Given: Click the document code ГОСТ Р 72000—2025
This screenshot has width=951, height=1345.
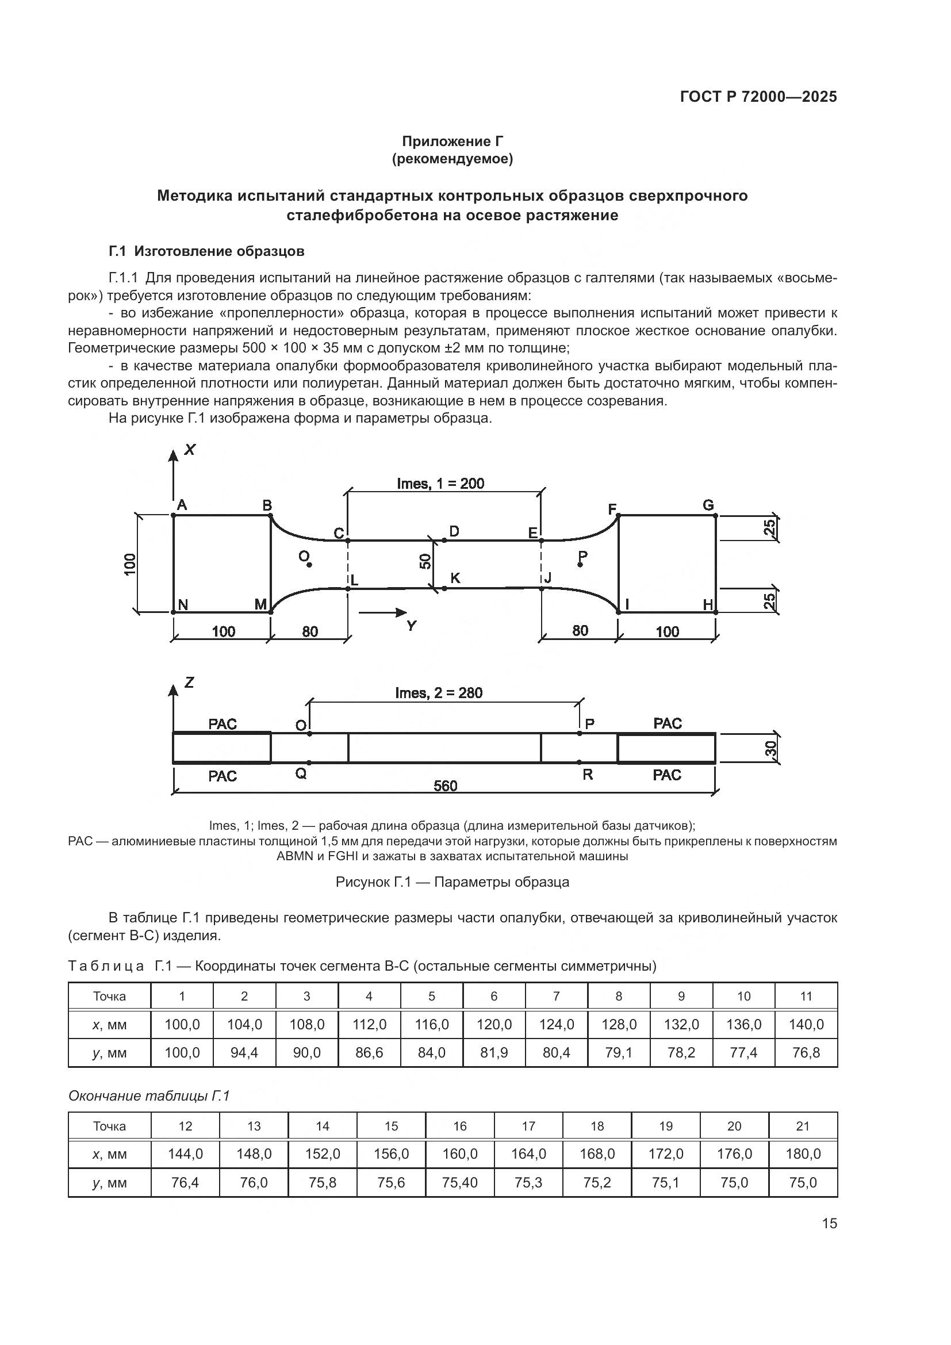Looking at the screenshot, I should coord(758,97).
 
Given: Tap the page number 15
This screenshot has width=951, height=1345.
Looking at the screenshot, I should coord(829,1224).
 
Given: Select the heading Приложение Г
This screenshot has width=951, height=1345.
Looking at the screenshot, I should coord(452,141).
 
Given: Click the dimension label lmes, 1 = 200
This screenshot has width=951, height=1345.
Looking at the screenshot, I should coord(440,483).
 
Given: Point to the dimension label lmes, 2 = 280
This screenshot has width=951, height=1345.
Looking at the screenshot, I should coord(439,693).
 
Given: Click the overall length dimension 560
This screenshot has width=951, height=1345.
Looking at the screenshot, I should coord(445,785).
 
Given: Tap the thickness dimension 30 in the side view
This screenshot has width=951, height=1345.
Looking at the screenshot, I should coord(770,748).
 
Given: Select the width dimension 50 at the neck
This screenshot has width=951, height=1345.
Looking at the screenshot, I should coord(425,562).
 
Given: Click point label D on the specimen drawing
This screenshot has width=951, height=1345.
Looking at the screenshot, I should coord(454,531).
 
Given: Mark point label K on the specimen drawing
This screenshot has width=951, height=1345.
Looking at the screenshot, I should coord(455,578).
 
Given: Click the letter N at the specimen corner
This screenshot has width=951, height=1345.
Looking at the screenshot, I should coord(183,605).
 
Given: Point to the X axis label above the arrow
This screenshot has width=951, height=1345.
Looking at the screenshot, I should coord(190,450).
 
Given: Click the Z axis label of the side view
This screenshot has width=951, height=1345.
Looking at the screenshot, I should coord(189,683).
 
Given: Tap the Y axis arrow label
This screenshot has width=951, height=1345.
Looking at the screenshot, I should coord(412,626).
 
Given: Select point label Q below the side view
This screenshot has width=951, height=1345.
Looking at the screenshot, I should coord(301,774).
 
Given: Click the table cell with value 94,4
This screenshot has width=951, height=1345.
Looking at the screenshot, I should coord(244,1053).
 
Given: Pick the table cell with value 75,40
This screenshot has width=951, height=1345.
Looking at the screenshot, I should coord(460,1182).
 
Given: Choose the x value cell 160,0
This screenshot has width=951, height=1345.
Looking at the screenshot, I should coord(460,1154).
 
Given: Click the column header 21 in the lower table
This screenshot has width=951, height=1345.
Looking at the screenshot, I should coord(803,1126).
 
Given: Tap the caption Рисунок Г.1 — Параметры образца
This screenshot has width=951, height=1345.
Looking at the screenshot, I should coord(452,882).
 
